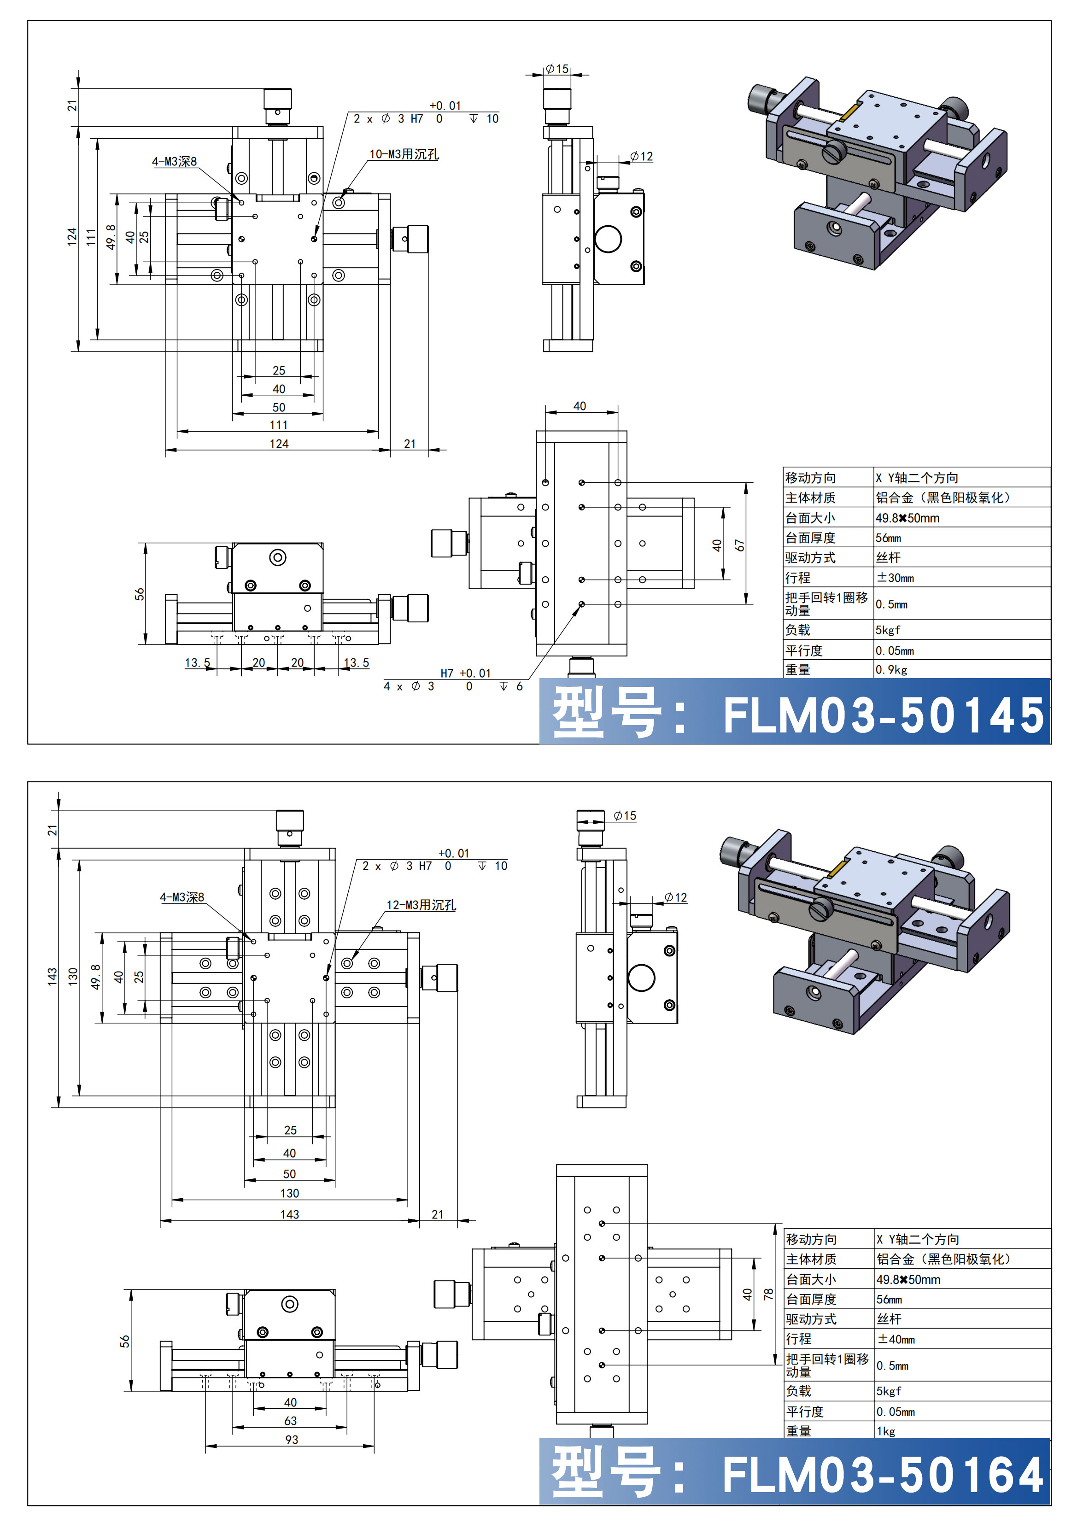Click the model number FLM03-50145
point(883,715)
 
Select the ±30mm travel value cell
point(896,578)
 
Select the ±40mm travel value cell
point(896,1339)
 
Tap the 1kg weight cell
point(886,1431)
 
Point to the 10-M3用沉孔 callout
point(404,154)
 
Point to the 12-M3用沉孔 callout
point(421,905)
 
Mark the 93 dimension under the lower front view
point(291,1440)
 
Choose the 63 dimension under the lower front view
point(291,1421)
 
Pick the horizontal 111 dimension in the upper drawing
point(279,425)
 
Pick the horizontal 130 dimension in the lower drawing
point(289,1193)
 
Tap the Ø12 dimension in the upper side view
point(641,157)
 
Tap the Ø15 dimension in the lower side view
point(625,816)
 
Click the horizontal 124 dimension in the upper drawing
point(279,444)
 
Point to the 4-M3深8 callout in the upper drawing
point(175,162)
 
